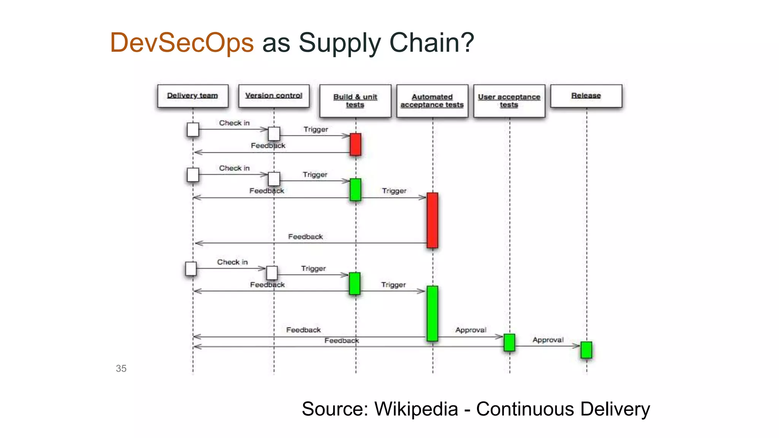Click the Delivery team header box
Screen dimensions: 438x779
193,96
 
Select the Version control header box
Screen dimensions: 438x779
274,96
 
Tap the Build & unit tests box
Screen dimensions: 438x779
355,101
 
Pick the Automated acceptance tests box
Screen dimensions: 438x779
432,101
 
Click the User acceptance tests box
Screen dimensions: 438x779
509,101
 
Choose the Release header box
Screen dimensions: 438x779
586,96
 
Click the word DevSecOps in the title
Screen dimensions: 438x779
182,43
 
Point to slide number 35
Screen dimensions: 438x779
121,368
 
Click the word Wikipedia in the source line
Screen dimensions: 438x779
416,409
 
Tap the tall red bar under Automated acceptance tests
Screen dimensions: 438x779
432,220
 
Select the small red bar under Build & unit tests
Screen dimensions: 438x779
355,144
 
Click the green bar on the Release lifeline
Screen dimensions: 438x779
586,350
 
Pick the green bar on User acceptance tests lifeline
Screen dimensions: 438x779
509,342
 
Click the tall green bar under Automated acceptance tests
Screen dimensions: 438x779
432,313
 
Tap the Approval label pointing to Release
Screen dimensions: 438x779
548,340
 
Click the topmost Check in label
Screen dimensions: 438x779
234,123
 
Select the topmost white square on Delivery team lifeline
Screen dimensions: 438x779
193,130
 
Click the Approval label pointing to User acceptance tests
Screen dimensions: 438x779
471,330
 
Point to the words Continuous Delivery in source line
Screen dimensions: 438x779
563,409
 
